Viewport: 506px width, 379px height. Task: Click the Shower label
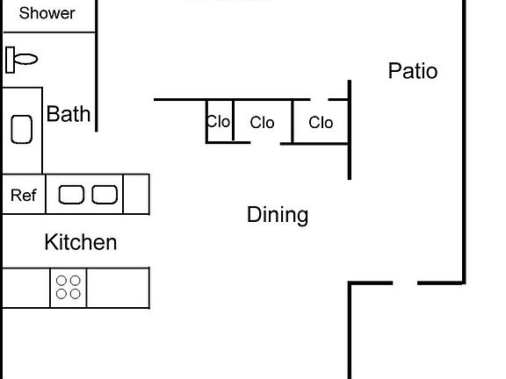47,13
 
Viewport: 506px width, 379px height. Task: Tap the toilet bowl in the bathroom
25,60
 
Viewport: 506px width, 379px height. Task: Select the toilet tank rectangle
10,60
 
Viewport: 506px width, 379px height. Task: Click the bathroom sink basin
22,129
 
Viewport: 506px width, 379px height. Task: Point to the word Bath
69,114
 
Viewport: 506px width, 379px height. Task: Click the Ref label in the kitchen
24,196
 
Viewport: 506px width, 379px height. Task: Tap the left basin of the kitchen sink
71,195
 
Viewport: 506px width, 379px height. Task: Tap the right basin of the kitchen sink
105,195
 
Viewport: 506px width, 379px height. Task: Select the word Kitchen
81,242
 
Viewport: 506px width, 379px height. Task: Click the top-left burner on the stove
61,281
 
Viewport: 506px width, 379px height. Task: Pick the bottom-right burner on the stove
76,294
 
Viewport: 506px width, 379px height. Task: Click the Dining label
278,215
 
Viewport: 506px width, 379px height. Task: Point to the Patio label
413,71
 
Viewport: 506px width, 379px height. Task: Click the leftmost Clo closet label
218,122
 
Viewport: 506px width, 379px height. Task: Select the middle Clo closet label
262,123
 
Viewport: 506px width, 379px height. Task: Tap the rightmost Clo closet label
321,123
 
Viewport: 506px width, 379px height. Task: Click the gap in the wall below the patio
405,283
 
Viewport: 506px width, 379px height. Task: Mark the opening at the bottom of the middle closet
265,143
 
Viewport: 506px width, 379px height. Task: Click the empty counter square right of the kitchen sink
136,194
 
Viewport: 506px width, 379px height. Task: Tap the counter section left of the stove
26,288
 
